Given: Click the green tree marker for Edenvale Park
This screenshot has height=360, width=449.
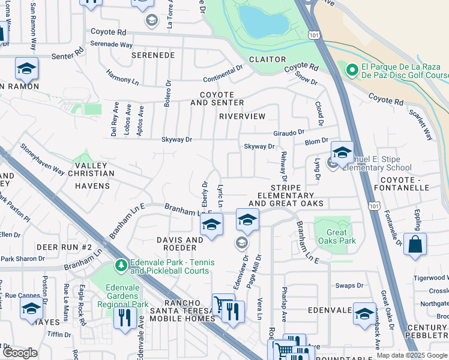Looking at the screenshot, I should tap(121, 265).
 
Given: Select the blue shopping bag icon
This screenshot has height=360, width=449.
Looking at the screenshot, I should tap(415, 244).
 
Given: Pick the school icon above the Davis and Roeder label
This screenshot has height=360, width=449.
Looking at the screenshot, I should tap(211, 225).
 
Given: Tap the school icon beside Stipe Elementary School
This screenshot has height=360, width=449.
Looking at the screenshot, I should tap(342, 152).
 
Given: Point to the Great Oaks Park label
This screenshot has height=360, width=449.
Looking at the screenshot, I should tap(341, 236).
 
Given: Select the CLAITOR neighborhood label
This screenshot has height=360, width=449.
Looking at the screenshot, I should tap(267, 59).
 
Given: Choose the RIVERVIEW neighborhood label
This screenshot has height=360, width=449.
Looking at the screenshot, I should tap(242, 116).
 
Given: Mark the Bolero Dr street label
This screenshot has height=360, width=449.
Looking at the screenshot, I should tap(167, 92).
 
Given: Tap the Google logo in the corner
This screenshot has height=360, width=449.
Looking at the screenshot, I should tap(20, 353).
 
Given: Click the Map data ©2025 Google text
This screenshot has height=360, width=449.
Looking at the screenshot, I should tap(411, 355).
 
